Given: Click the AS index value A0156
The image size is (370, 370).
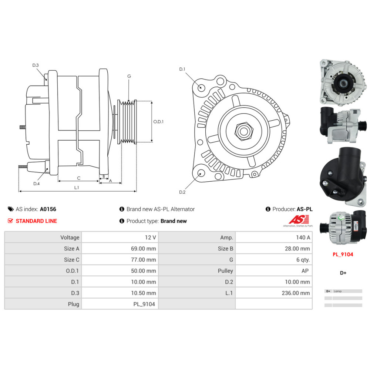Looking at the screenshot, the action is pyautogui.click(x=48, y=209).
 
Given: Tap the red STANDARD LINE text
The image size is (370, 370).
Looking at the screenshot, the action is pyautogui.click(x=36, y=221).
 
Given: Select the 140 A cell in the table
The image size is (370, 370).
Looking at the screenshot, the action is pyautogui.click(x=303, y=238).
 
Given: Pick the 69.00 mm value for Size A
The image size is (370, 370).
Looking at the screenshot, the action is pyautogui.click(x=144, y=249).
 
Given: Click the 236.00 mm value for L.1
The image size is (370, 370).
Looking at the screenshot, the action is pyautogui.click(x=296, y=293).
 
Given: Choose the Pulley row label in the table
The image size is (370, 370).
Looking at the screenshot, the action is pyautogui.click(x=225, y=271).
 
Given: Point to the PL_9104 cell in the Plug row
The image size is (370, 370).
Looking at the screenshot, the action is pyautogui.click(x=144, y=304).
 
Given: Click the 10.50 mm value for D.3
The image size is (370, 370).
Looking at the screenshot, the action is pyautogui.click(x=144, y=293).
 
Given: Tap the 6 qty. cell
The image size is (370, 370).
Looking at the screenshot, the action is pyautogui.click(x=303, y=260).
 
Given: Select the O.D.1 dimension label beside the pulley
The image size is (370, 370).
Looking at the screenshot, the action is pyautogui.click(x=158, y=121).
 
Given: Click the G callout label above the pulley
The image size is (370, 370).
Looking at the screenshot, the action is pyautogui.click(x=129, y=76).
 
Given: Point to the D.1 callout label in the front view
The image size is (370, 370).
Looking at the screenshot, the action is pyautogui.click(x=182, y=69).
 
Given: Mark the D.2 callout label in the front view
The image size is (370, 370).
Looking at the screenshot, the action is pyautogui.click(x=182, y=192).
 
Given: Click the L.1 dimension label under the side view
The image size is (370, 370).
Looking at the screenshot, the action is pyautogui.click(x=77, y=188).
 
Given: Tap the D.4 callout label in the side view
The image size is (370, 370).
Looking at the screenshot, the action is pyautogui.click(x=36, y=184).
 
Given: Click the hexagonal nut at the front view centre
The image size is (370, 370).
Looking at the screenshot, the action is pyautogui.click(x=244, y=131).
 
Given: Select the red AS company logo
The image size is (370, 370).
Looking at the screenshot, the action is pyautogui.click(x=299, y=219).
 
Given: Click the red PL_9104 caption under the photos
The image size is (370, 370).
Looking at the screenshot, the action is pyautogui.click(x=343, y=255).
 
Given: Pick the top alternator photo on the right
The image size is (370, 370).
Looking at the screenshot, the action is pyautogui.click(x=343, y=83).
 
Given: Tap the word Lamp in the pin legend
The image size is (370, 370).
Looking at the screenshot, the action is pyautogui.click(x=337, y=291).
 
